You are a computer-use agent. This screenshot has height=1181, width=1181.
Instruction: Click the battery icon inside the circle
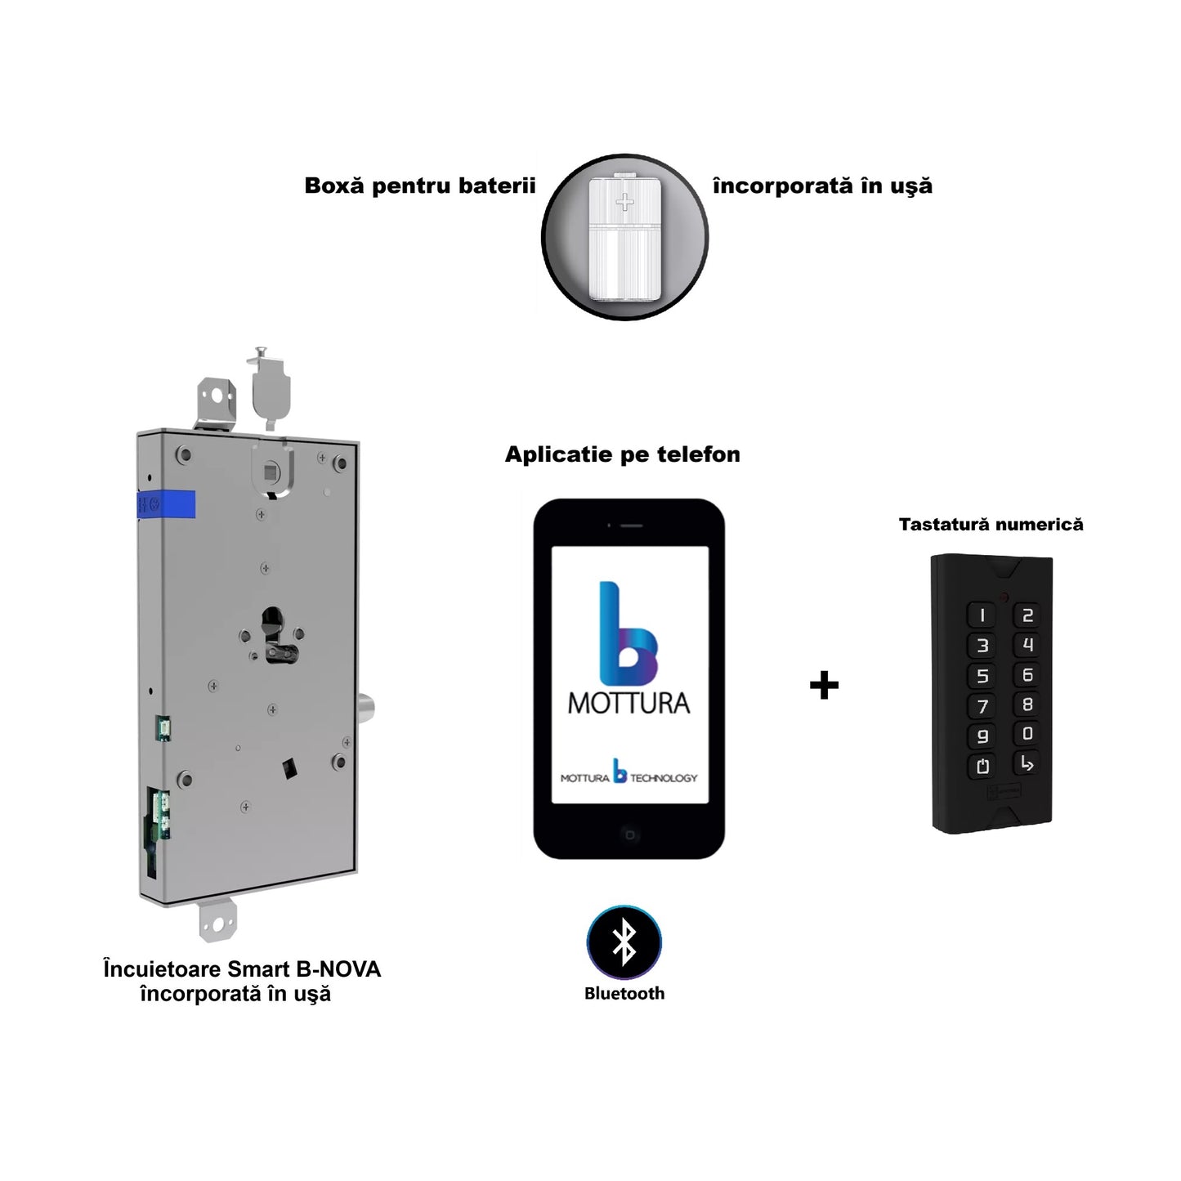[624, 237]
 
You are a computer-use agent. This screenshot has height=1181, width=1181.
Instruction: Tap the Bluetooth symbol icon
[624, 942]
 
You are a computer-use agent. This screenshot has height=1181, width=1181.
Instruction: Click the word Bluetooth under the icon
[624, 994]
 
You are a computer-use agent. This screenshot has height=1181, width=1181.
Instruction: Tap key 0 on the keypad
[1027, 734]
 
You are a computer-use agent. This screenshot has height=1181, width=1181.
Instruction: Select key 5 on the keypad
[982, 676]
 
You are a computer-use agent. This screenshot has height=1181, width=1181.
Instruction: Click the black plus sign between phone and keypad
[824, 685]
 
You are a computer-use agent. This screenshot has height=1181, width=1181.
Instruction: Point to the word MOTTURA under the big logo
[629, 703]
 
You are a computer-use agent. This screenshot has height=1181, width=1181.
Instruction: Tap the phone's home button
[629, 834]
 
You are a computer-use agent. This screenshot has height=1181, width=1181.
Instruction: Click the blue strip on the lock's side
[167, 504]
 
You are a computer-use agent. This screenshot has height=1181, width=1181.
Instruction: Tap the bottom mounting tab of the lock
[218, 921]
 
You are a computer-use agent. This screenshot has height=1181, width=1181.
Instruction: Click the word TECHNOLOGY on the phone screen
[664, 778]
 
